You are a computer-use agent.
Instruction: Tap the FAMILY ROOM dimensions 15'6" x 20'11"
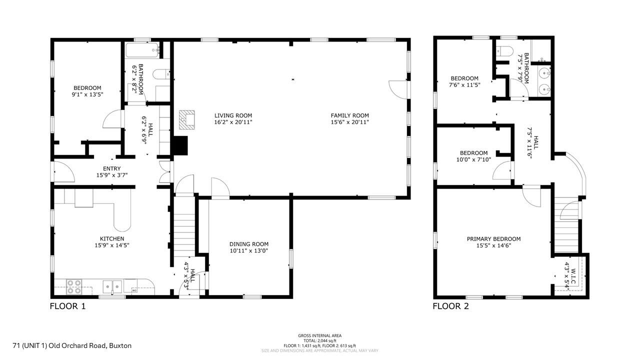click(x=349, y=122)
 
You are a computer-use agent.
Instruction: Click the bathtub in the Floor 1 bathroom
click(x=142, y=50)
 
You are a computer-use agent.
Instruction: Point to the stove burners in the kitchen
click(x=74, y=286)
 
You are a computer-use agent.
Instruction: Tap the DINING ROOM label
click(x=249, y=244)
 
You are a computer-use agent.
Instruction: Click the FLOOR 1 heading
click(x=67, y=306)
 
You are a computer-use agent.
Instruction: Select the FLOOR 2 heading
click(x=450, y=306)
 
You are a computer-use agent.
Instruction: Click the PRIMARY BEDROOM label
click(x=493, y=239)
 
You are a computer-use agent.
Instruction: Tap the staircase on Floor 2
click(x=566, y=230)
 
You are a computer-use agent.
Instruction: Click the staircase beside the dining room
click(x=183, y=230)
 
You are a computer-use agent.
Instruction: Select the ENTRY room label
click(x=111, y=168)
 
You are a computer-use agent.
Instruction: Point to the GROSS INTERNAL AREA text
click(x=319, y=335)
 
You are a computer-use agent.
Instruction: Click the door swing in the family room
click(x=398, y=88)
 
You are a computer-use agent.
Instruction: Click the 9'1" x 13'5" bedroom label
click(x=87, y=94)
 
